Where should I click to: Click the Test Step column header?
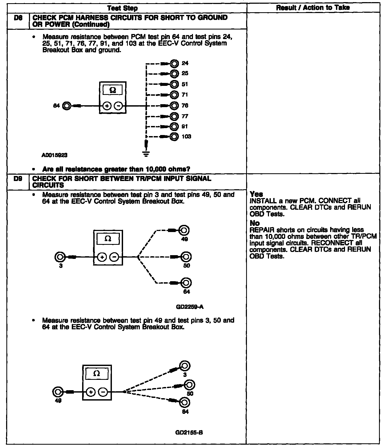point(123,8)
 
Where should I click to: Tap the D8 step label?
point(17,18)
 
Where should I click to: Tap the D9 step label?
point(17,179)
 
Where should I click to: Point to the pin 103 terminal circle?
point(174,137)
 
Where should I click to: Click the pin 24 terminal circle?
point(174,64)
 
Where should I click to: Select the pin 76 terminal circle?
point(174,106)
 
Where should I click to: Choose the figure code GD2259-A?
point(190,307)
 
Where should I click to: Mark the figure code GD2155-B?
point(189,432)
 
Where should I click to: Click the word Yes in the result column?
point(256,194)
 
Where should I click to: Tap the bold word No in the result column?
point(255,223)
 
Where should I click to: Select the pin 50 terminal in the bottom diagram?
point(190,384)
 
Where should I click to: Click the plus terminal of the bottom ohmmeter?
point(91,392)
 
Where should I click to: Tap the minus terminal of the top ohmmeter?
point(119,106)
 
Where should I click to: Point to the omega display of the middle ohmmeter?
point(108,239)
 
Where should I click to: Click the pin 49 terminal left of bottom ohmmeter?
point(57,392)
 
